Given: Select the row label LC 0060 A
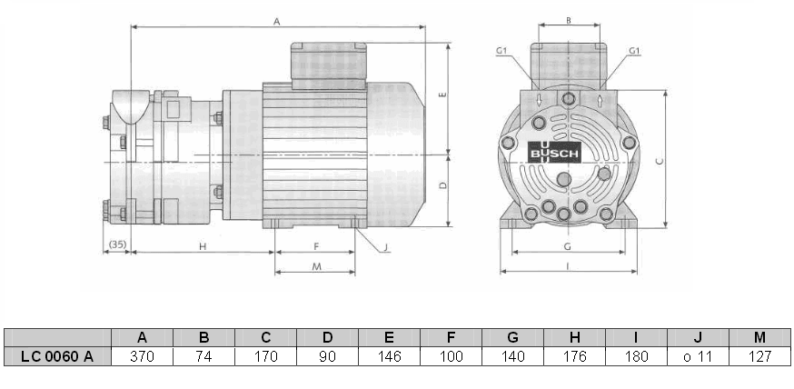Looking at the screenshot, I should [57, 356].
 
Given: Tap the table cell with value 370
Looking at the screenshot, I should [142, 356].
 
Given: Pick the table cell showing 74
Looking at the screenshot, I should [203, 356].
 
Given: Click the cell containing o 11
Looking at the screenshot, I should [698, 356].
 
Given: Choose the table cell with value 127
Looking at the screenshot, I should [759, 356].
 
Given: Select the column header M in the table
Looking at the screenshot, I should [759, 337].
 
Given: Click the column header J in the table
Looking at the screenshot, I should [698, 337].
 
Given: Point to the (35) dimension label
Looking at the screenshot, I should [116, 245].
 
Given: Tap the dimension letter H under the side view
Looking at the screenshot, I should [203, 246].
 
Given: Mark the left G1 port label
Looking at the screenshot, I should [501, 51].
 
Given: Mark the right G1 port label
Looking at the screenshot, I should [634, 51].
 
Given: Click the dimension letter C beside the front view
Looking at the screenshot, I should [660, 160].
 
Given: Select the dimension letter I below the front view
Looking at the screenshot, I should [569, 266].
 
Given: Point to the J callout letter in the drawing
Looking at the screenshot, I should [385, 246].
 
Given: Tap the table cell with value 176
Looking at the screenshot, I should [574, 356].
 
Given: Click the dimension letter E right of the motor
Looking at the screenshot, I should [442, 95].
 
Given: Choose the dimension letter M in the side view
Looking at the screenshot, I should [315, 266].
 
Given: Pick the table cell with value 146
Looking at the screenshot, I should [389, 356].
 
